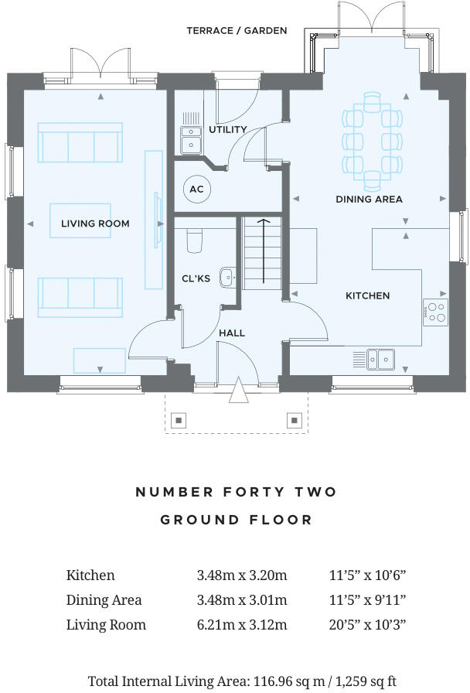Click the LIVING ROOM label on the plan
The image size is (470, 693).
coord(95,224)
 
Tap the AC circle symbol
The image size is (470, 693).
coord(196,188)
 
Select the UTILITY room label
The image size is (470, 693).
coord(227,129)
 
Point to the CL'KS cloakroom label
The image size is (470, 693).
coord(196,279)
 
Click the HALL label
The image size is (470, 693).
coord(232,333)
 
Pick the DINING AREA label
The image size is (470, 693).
coord(369,199)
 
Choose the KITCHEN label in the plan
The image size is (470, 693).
coord(367,295)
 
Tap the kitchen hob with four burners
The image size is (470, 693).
coord(436,312)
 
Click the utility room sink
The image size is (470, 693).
coord(190,138)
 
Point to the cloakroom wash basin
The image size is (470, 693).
coord(227,277)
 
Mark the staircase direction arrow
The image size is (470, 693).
coord(263,251)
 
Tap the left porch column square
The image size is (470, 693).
coord(179,421)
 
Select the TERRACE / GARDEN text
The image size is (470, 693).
coord(237,31)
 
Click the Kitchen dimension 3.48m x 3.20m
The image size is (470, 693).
coord(241,575)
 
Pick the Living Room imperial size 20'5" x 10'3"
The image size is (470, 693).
coord(367,624)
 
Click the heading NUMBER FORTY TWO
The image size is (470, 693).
coord(236,492)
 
